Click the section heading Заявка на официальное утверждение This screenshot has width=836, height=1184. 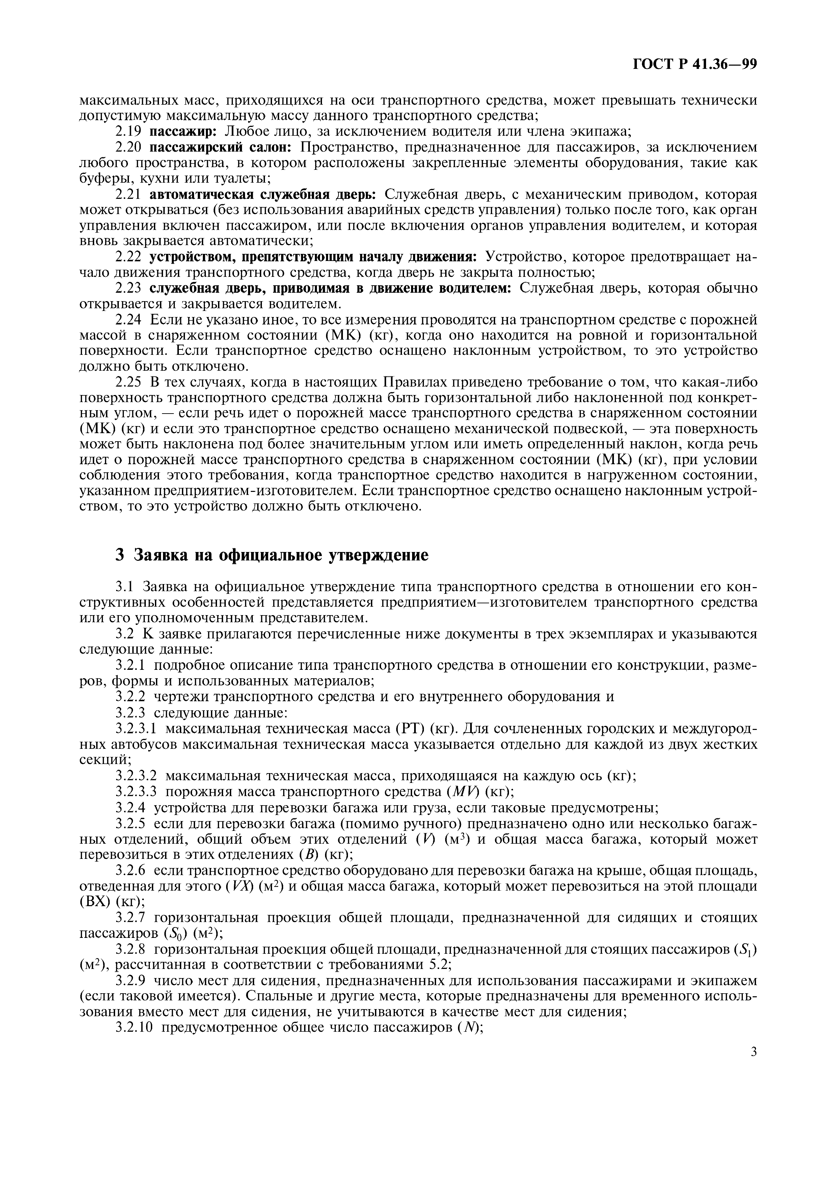272,555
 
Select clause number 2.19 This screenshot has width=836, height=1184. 128,131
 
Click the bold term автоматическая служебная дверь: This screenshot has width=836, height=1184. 263,194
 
